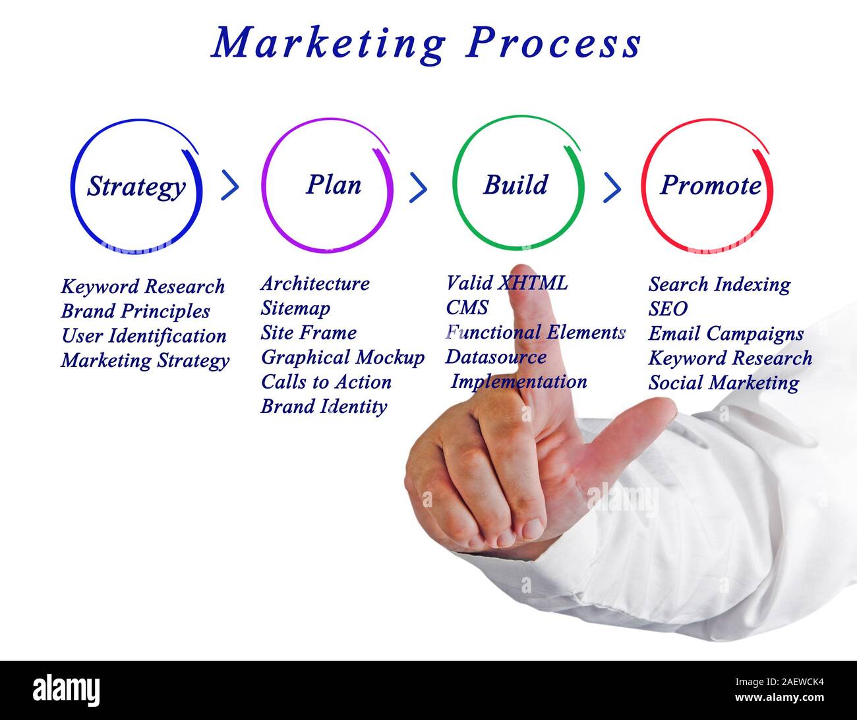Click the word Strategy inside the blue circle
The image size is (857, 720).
tap(136, 187)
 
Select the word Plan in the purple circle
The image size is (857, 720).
tap(334, 185)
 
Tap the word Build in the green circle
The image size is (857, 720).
tap(516, 185)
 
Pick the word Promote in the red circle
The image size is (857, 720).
tap(711, 186)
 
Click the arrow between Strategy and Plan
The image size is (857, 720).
tap(229, 186)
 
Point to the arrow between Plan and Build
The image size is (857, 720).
tap(418, 188)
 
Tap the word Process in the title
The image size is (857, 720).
tap(554, 44)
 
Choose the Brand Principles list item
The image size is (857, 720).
tap(135, 311)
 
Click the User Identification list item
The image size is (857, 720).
tap(144, 336)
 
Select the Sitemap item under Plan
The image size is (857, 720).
tap(295, 308)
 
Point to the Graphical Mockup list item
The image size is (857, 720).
tap(342, 358)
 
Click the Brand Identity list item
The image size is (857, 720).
tap(324, 406)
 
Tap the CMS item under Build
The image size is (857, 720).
tap(467, 308)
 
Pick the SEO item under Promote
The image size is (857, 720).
tap(668, 309)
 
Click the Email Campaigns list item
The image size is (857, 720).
tap(726, 334)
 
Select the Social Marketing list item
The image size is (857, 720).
tap(723, 383)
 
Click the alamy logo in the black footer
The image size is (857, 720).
tap(67, 690)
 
